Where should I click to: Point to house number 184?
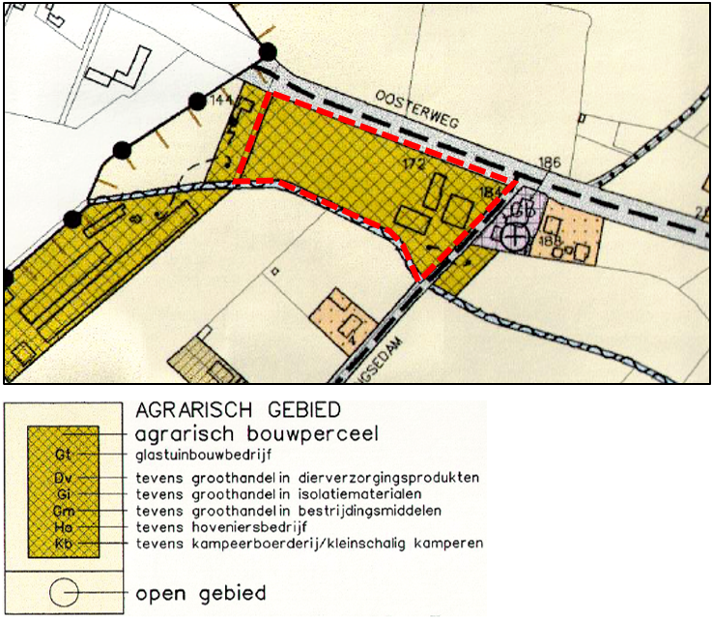(x=488, y=193)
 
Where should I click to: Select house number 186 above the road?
(x=550, y=162)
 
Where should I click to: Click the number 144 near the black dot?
(x=221, y=101)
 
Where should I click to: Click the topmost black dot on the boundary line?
(x=268, y=51)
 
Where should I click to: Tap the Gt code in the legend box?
(x=64, y=453)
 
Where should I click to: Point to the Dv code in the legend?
(x=64, y=478)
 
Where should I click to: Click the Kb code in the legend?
(x=64, y=545)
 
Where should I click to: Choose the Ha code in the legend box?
(x=64, y=527)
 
